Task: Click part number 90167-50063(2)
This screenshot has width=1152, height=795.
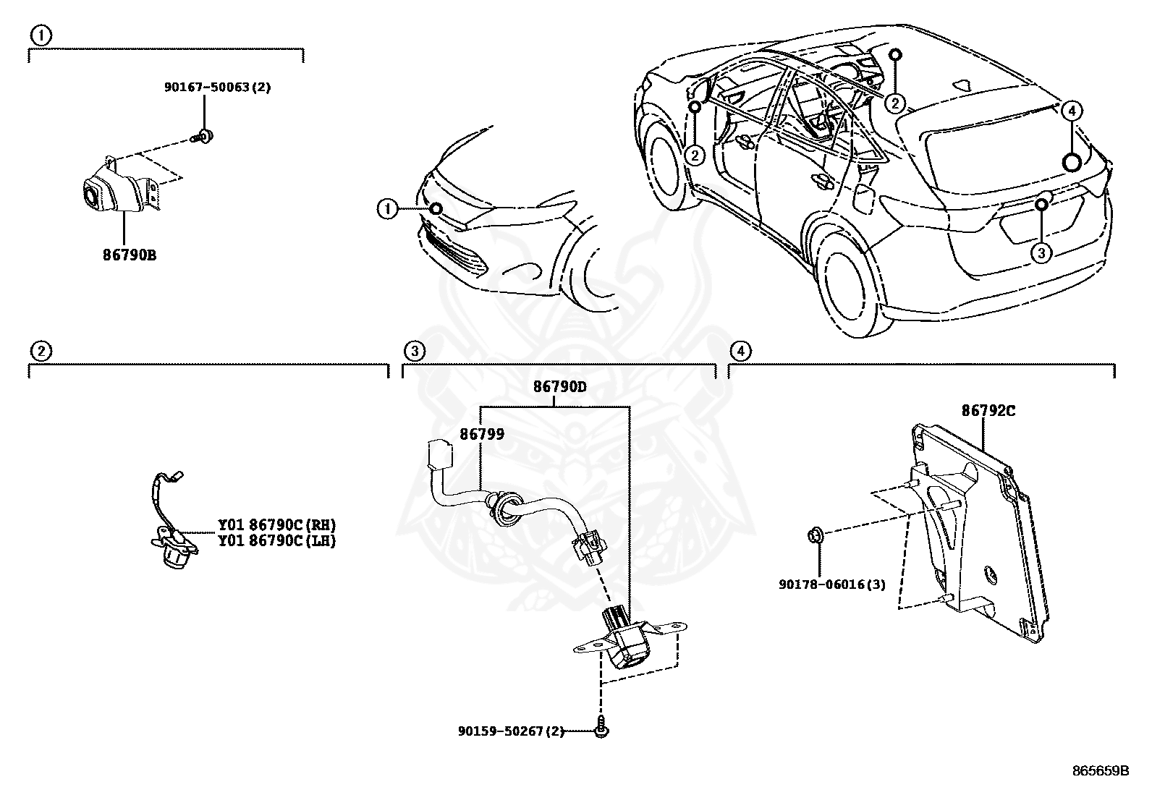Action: click(x=207, y=88)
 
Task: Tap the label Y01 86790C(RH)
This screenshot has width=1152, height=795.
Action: click(x=277, y=524)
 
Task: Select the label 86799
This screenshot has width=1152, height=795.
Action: click(x=482, y=434)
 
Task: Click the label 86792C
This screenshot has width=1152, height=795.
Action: click(x=988, y=411)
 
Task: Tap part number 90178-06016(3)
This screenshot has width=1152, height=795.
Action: click(x=831, y=584)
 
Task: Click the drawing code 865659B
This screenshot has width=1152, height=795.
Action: click(x=1100, y=770)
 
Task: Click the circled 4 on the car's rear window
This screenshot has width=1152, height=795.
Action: click(x=1072, y=111)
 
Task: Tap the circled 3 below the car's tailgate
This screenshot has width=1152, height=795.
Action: click(x=1041, y=252)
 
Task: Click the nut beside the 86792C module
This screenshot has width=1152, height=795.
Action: click(x=814, y=536)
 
